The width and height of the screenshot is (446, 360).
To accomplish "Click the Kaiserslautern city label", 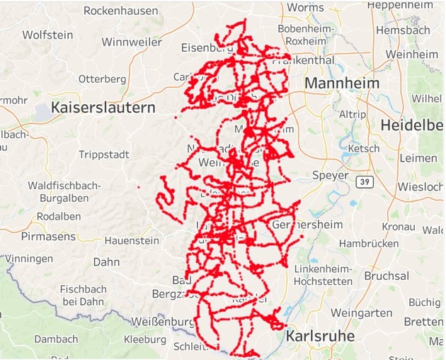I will pyautogui.click(x=103, y=108).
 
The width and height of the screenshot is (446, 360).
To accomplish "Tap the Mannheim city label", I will pyautogui.click(x=342, y=84).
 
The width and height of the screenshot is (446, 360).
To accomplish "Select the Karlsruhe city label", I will pyautogui.click(x=321, y=335).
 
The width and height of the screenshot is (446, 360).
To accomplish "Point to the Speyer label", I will pyautogui.click(x=330, y=175).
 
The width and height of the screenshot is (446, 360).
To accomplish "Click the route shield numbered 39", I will pyautogui.click(x=364, y=183).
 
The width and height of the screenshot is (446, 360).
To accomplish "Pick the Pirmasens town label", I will pyautogui.click(x=48, y=236).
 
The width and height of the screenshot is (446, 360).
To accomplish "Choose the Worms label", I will pyautogui.click(x=305, y=7).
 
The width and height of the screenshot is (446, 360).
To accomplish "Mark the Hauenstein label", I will pyautogui.click(x=132, y=240).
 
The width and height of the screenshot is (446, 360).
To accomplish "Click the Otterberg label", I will pyautogui.click(x=102, y=79).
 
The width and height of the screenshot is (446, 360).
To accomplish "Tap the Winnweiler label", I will pyautogui.click(x=131, y=42).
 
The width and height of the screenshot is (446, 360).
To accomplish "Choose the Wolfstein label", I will pyautogui.click(x=47, y=35).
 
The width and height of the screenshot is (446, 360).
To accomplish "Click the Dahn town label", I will pyautogui.click(x=106, y=261).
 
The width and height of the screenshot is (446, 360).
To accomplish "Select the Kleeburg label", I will pyautogui.click(x=144, y=339).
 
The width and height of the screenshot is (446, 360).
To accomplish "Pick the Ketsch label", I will pyautogui.click(x=365, y=149).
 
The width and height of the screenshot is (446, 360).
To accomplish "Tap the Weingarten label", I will pyautogui.click(x=361, y=313).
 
